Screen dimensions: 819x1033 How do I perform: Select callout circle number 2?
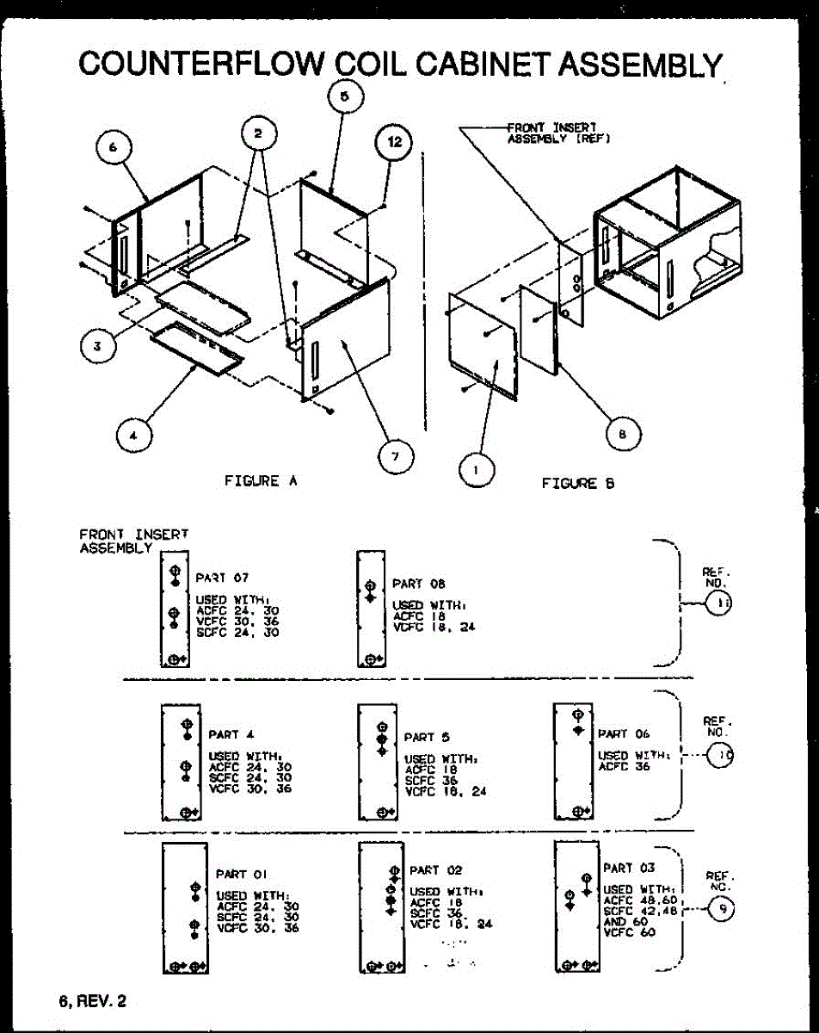point(257,133)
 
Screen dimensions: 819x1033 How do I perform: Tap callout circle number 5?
point(344,96)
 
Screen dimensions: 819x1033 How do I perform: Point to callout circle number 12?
point(394,142)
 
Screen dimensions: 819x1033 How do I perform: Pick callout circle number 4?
point(132,436)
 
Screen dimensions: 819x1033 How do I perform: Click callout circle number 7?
point(395,455)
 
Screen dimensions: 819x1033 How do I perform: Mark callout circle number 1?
point(477,468)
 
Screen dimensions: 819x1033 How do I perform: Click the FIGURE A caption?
point(261,482)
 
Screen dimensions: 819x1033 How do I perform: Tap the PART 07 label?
point(223,578)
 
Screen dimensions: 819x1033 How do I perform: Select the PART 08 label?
point(419,584)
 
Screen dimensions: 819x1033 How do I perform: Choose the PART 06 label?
point(624,734)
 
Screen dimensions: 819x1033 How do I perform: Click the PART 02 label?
point(435,871)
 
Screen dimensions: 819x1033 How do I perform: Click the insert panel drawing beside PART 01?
point(182,908)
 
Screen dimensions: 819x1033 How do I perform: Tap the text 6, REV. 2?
point(92,1001)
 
